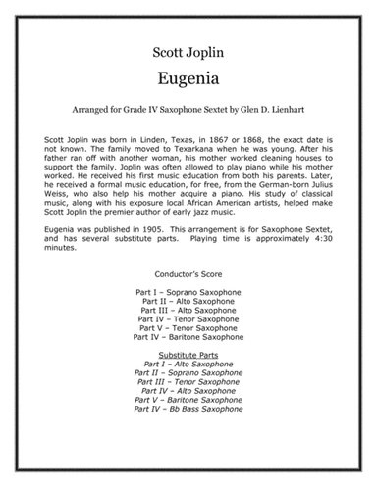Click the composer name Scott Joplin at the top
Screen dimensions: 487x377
pyautogui.click(x=188, y=46)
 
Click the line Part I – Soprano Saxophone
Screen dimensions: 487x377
pyautogui.click(x=188, y=320)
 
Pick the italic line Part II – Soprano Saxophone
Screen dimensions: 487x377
pyautogui.click(x=188, y=406)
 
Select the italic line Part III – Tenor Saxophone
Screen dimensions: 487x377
pyautogui.click(x=188, y=415)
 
